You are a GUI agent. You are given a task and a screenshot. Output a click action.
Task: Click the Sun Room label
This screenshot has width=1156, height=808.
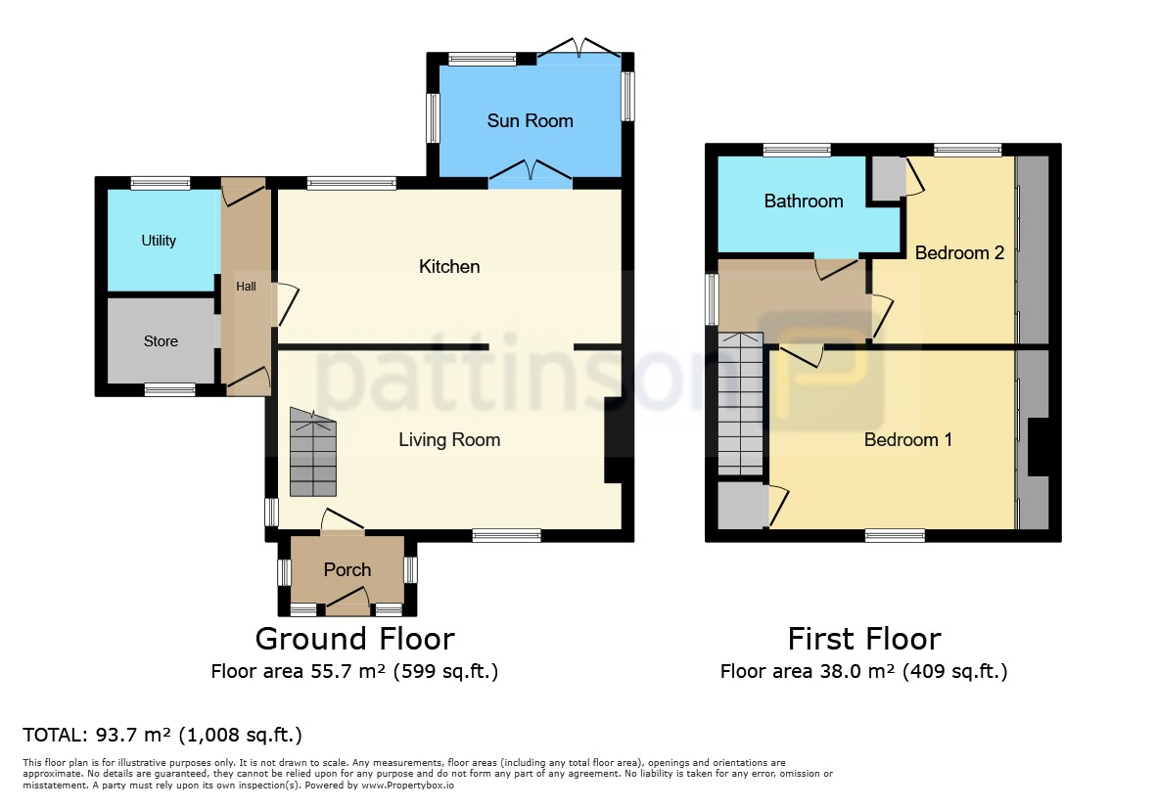531,120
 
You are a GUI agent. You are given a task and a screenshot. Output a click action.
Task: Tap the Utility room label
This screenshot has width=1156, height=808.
159,240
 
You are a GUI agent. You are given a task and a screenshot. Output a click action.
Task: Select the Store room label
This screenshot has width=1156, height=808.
161,341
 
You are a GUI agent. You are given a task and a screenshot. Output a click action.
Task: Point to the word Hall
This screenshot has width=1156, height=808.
247,286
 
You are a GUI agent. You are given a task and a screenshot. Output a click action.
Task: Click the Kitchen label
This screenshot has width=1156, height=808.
449,266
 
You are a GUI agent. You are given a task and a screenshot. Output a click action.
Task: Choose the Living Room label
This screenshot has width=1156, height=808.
449,440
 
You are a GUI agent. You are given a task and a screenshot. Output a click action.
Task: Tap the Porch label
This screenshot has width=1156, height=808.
347,569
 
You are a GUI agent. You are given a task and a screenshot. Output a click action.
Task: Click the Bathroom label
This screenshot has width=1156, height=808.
804,201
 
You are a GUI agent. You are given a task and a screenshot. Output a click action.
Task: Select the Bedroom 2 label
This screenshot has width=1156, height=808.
959,252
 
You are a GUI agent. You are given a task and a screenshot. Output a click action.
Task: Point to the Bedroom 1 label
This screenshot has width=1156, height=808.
908,440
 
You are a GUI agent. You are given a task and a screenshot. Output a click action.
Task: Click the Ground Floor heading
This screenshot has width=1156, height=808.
354,639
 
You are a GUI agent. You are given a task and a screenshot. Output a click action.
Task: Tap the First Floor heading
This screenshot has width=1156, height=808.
864,639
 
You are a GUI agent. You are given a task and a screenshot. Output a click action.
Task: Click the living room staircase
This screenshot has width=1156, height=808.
313,452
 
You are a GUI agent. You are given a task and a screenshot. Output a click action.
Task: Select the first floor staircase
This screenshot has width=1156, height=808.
741,404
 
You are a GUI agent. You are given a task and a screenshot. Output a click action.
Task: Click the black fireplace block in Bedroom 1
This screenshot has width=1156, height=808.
1038,447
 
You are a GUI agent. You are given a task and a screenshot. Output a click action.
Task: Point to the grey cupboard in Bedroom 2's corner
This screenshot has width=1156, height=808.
890,177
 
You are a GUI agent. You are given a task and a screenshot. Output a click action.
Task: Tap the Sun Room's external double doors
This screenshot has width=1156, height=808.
579,48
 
